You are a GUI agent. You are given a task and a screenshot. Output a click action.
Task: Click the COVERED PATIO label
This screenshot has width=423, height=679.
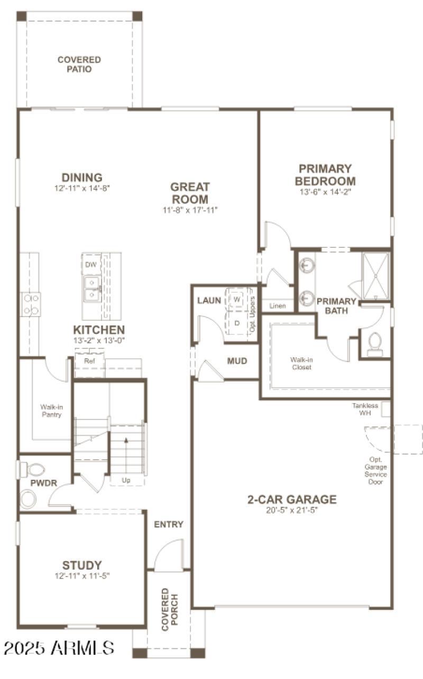79,64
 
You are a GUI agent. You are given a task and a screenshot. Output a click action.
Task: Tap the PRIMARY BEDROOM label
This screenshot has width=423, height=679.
325,175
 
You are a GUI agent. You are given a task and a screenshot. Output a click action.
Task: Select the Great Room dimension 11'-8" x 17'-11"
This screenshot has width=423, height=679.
190,210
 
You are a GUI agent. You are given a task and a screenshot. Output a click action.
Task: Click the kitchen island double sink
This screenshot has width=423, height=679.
92,289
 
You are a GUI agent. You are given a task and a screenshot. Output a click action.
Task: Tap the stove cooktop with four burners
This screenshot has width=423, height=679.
31,304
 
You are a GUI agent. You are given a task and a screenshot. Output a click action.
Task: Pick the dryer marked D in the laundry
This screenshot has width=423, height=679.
237,322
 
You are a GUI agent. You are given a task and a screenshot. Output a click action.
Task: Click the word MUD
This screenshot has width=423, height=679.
237,361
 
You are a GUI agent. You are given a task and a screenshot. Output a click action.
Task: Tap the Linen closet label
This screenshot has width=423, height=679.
278,306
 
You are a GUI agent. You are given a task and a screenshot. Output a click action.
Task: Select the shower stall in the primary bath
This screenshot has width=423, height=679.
375,275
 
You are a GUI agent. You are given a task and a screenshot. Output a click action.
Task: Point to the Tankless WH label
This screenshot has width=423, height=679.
365,409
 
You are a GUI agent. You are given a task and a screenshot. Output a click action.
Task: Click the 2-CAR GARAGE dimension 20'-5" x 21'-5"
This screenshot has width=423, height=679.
292,510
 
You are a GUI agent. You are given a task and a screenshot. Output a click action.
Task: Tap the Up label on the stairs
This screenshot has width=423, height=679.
126,480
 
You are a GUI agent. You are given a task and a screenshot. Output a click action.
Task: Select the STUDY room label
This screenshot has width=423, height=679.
82,565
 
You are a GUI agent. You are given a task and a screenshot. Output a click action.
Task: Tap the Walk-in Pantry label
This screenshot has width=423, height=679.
51,411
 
